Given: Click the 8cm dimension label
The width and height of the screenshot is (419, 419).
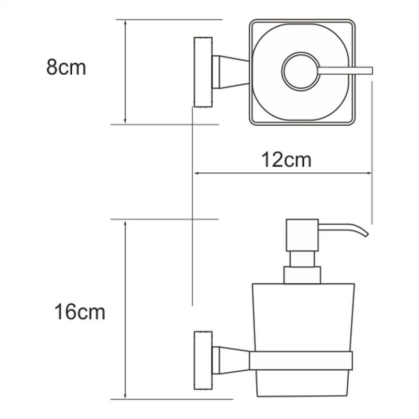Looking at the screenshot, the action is (66, 68).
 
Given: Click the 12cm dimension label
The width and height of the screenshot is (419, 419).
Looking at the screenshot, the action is (286, 160).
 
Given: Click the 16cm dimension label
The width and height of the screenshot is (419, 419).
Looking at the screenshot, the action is (80, 312).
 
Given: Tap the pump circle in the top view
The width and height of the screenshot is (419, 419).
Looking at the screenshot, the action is (301, 71).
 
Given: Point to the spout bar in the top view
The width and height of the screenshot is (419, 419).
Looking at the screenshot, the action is (345, 71).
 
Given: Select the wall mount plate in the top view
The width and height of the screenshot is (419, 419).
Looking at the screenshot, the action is (203, 72).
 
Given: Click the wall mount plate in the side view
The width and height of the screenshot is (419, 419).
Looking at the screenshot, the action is (203, 360).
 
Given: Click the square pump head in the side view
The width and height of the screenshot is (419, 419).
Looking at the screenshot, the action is (302, 235).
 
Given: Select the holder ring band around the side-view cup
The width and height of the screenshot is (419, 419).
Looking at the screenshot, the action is (301, 361).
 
